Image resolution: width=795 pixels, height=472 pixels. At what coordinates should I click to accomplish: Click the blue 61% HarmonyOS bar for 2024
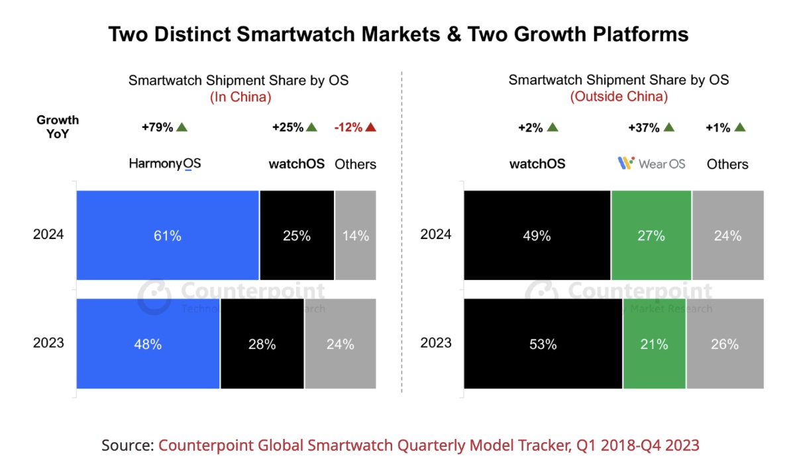(168, 235)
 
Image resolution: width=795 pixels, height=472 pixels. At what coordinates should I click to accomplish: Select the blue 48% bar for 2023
(148, 344)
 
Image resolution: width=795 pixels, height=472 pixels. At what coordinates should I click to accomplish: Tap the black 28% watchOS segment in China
(262, 344)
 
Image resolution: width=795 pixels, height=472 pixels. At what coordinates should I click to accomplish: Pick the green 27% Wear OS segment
(651, 235)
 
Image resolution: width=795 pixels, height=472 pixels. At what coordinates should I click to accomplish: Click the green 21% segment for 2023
(654, 344)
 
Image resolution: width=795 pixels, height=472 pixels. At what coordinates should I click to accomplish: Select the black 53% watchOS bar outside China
(543, 344)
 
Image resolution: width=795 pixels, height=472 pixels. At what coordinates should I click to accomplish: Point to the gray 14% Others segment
(356, 235)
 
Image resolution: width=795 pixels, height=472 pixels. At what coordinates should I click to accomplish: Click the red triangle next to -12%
(370, 128)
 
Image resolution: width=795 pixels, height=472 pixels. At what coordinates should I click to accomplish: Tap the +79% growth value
(158, 128)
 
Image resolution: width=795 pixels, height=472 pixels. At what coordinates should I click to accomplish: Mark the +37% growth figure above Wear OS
(644, 128)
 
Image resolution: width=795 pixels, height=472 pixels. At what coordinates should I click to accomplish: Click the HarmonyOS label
(164, 164)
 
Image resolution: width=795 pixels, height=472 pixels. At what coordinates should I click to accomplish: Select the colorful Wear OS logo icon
(626, 163)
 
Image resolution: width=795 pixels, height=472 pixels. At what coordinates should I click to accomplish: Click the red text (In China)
(240, 97)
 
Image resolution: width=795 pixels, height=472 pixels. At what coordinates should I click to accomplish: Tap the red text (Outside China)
(619, 97)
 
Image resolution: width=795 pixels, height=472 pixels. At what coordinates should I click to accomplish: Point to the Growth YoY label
(58, 126)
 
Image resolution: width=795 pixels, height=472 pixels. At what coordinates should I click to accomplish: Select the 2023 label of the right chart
(436, 343)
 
